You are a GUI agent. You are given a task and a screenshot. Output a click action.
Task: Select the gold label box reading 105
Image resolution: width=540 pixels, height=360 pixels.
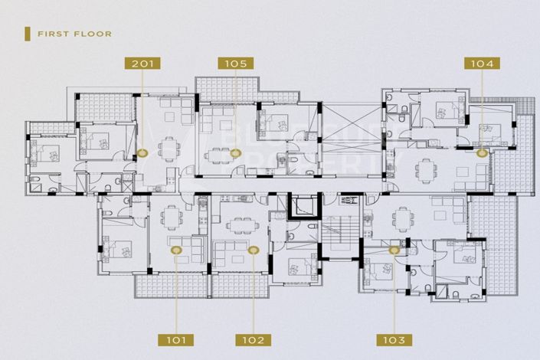(x=236, y=64)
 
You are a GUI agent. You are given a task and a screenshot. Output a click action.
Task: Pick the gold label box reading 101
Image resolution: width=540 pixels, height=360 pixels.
(x=176, y=339)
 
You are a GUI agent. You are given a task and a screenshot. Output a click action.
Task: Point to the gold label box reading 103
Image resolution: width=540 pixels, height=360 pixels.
(x=395, y=339)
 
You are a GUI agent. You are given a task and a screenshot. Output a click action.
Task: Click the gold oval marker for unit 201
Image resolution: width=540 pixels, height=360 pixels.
(x=142, y=154)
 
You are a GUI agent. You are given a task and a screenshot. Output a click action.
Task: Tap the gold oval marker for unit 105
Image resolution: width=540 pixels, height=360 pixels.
(x=236, y=154)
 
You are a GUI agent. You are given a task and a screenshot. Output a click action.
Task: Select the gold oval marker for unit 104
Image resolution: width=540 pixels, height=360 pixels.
(x=482, y=153)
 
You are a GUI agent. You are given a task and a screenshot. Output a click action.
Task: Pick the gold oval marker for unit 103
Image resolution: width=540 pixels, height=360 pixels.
(x=394, y=249)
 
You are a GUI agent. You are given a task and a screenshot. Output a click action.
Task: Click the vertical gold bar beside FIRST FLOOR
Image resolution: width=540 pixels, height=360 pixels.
(x=28, y=34)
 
